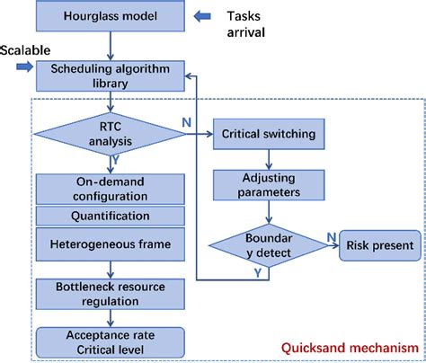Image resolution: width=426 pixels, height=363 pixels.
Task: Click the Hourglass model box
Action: pyautogui.click(x=111, y=16)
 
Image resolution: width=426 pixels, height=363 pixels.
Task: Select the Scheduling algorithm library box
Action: pyautogui.click(x=111, y=76)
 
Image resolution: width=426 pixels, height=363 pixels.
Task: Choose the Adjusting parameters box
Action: pyautogui.click(x=268, y=184)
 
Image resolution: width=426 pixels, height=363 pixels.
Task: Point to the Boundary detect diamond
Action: pyautogui.click(x=268, y=243)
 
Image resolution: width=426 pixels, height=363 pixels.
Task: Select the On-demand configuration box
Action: pyautogui.click(x=111, y=189)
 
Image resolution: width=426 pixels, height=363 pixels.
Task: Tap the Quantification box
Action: pyautogui.click(x=111, y=216)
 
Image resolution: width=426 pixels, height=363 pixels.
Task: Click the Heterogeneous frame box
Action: pyautogui.click(x=111, y=244)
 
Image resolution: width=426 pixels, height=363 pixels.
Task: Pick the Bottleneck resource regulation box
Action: pyautogui.click(x=111, y=292)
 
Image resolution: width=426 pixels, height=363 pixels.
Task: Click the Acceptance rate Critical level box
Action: pyautogui.click(x=111, y=340)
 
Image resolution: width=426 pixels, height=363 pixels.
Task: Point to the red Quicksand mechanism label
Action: pyautogui.click(x=352, y=348)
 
